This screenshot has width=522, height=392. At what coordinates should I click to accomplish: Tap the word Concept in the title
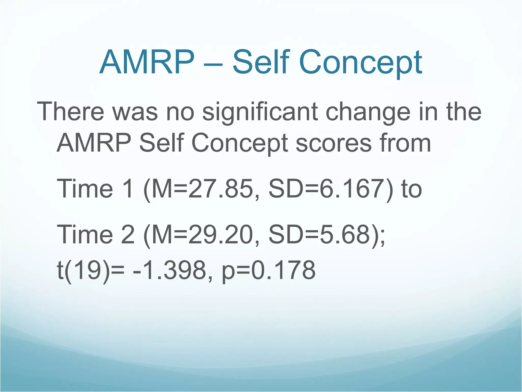(360, 63)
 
